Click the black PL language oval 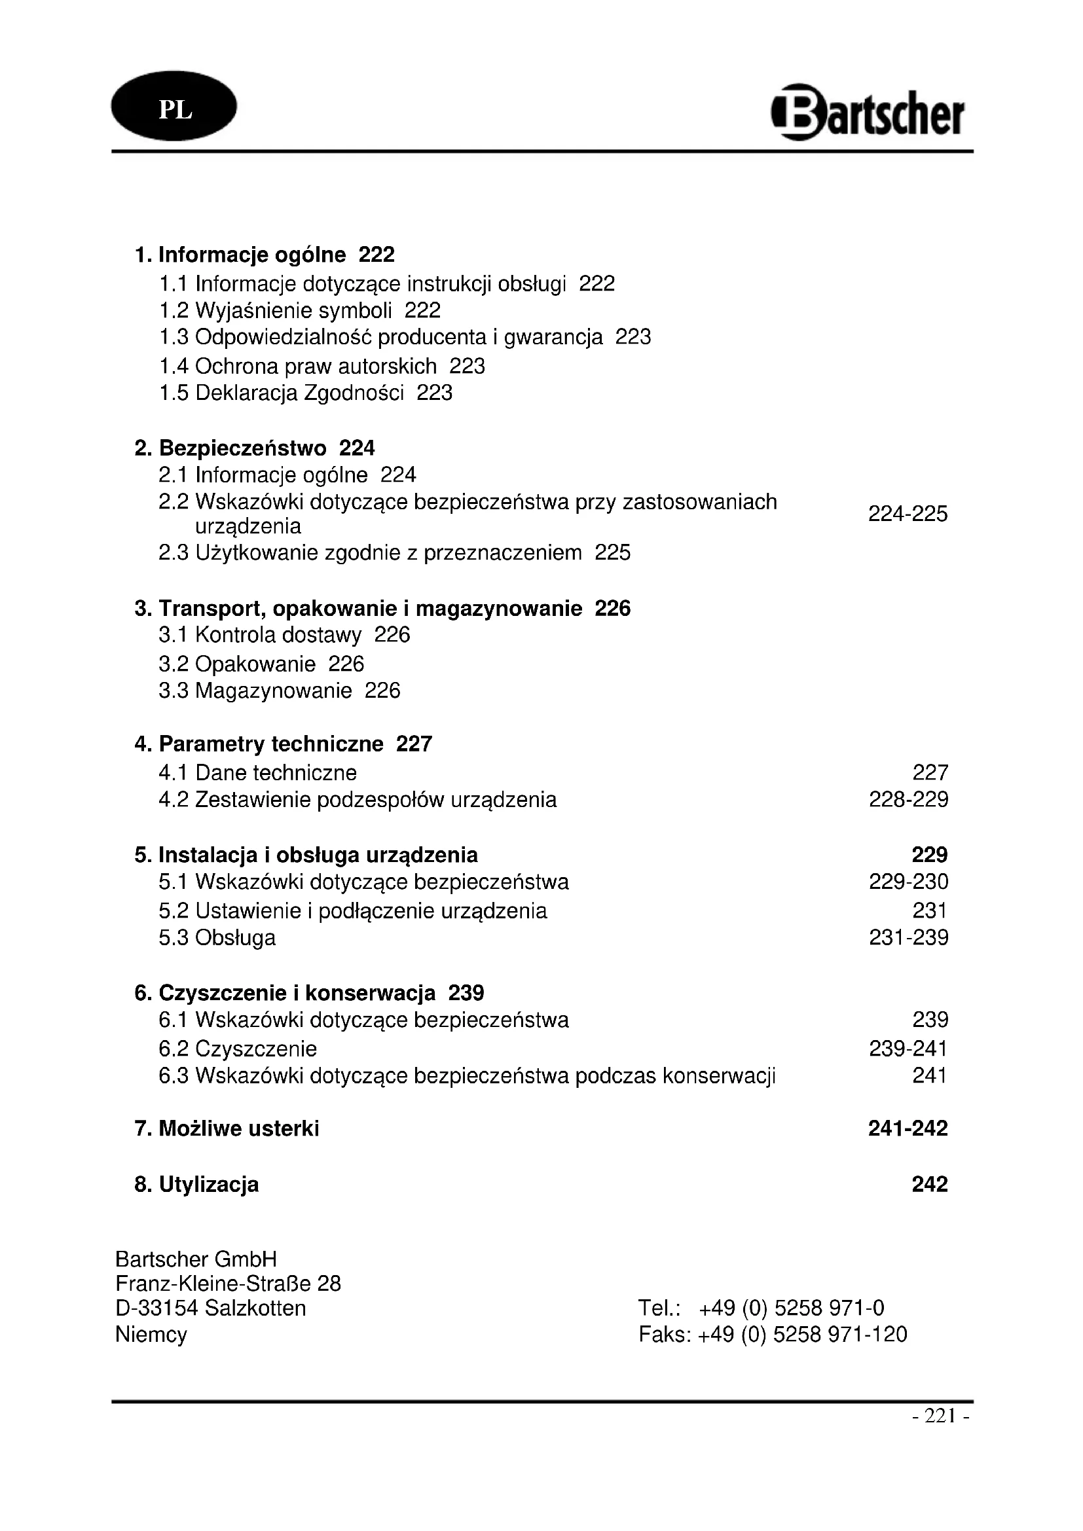[174, 107]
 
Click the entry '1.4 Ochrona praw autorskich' [298, 367]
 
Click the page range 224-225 [908, 514]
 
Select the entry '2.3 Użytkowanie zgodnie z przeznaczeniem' [370, 553]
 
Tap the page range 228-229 [908, 799]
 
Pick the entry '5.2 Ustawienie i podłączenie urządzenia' [353, 911]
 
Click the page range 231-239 [908, 938]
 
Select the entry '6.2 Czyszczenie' [238, 1049]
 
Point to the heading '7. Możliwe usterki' [227, 1128]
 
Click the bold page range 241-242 [908, 1128]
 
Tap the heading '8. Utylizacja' [196, 1184]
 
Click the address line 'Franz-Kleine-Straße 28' [228, 1284]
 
